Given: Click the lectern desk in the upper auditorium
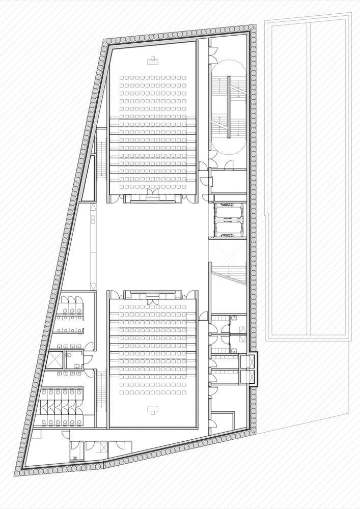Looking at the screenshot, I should [x=153, y=62].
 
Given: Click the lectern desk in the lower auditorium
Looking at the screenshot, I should [x=153, y=409].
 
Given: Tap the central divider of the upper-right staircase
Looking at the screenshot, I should [x=229, y=107].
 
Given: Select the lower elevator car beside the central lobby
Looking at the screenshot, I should [x=229, y=229].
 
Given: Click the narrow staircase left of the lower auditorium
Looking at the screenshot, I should [x=101, y=389].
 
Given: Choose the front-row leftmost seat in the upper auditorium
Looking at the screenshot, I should [x=122, y=78].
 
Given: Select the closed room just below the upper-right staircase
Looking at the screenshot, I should [x=229, y=181].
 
